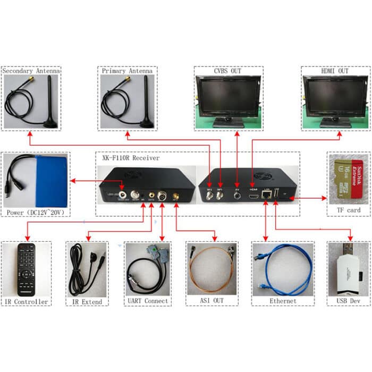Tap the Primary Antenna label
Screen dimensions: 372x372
[126, 71]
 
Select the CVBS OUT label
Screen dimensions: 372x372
[228, 71]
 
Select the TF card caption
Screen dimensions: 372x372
[348, 210]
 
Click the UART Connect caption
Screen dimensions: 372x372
[148, 301]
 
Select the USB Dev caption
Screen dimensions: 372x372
[348, 302]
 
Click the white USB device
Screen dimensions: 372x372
[347, 272]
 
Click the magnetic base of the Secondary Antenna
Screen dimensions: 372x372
[50, 123]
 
